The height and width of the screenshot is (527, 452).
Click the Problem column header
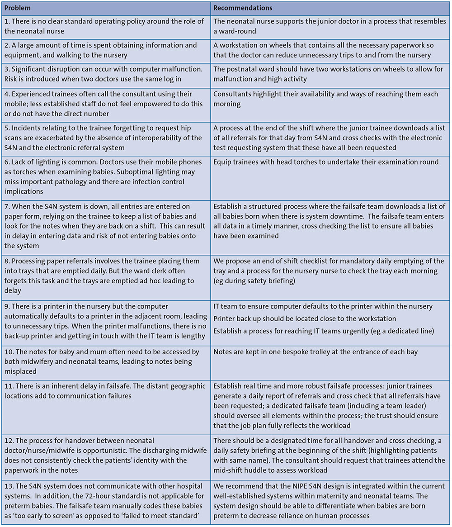[x=19, y=8]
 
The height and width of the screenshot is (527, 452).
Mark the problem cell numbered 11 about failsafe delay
[x=107, y=391]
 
